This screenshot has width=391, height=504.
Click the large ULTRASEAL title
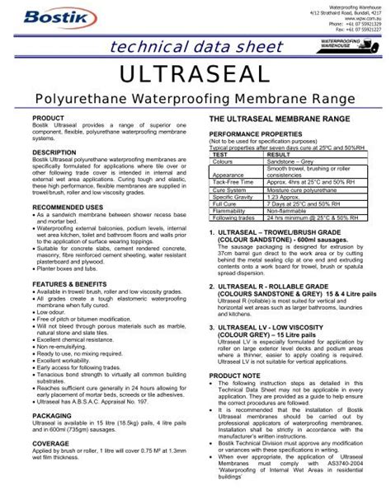pos(195,76)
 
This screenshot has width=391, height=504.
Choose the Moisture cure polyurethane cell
pos(290,191)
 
